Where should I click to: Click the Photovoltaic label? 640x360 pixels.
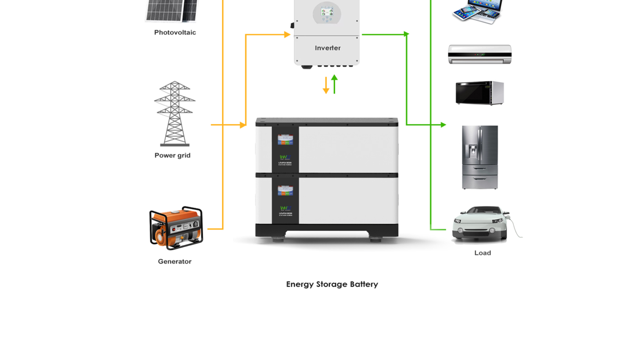[175, 32]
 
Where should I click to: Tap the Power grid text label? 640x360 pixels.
[172, 155]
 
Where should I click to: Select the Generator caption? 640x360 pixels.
[175, 261]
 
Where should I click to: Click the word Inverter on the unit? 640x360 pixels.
[328, 48]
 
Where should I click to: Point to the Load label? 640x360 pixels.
[482, 253]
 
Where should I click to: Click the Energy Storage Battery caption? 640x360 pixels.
[332, 284]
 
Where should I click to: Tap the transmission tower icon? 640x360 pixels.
[175, 113]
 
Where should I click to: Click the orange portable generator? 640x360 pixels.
[176, 228]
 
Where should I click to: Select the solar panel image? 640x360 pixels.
[172, 11]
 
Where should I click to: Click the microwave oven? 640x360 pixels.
[480, 93]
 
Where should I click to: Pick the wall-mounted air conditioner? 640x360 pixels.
[480, 54]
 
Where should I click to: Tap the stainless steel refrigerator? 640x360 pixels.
[480, 157]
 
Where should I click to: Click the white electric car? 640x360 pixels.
[480, 223]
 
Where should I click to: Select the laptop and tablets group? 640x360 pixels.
[477, 12]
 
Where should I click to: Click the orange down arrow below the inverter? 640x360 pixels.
[326, 86]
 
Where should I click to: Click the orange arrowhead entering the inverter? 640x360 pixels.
[287, 34]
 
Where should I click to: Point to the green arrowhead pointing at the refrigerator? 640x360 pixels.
[443, 125]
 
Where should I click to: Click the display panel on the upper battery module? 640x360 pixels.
[285, 139]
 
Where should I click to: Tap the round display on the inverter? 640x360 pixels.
[327, 13]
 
